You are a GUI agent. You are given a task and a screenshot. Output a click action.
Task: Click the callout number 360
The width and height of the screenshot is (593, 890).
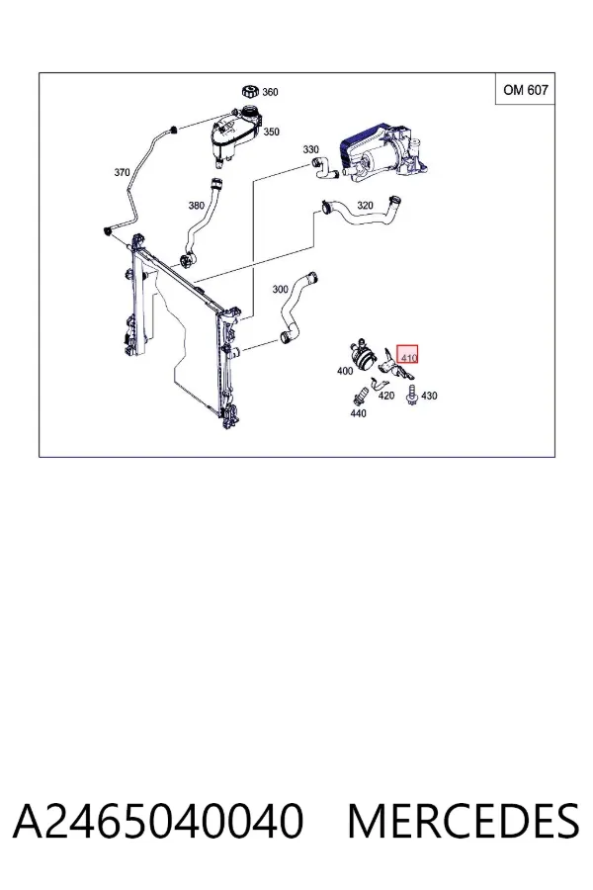(270, 92)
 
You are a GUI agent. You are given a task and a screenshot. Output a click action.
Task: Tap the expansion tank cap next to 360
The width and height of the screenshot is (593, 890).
(249, 91)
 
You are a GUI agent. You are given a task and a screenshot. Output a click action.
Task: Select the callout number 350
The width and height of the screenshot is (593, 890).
(271, 132)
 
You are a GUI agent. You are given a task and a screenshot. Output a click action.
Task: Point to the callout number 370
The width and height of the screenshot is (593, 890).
(122, 172)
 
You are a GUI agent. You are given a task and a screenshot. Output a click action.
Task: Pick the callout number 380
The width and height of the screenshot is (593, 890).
(197, 205)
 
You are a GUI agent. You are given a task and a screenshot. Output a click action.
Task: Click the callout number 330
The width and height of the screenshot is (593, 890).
(311, 149)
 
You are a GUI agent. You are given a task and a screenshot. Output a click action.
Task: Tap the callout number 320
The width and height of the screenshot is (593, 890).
(365, 205)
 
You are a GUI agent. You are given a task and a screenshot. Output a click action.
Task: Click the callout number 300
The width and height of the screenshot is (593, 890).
(281, 289)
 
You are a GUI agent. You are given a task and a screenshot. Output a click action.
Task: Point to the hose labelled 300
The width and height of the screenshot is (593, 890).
(297, 310)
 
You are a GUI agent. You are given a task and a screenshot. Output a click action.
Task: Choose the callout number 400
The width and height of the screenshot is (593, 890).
(345, 371)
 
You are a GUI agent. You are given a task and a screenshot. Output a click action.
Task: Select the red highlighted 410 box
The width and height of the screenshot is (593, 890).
(407, 355)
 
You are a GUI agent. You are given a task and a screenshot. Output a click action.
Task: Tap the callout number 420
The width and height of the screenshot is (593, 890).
(385, 395)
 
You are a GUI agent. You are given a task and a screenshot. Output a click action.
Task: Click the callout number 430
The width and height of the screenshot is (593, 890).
(429, 396)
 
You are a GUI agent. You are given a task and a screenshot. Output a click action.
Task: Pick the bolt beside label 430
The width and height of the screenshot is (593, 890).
(412, 395)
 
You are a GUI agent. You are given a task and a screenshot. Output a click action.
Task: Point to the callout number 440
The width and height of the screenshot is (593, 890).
(359, 413)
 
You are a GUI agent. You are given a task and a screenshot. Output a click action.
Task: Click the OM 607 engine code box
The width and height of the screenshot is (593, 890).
(526, 89)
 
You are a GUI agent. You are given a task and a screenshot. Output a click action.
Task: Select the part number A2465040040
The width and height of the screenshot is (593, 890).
(158, 822)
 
